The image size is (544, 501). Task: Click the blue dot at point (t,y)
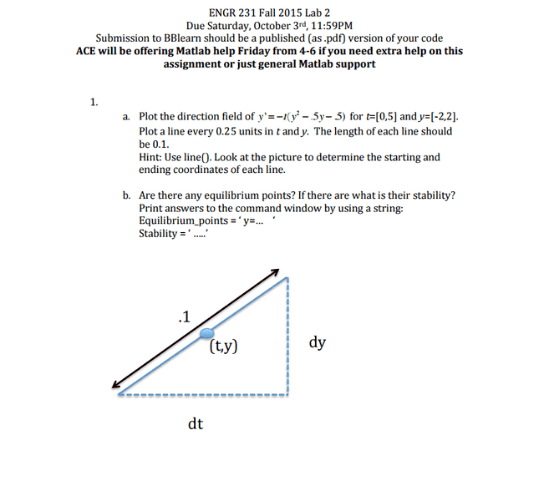coord(207,333)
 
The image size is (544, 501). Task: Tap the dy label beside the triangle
coord(318,342)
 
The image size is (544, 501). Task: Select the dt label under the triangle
coord(196,424)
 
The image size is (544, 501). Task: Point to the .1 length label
coord(184,316)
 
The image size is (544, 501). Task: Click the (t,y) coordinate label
coord(225,345)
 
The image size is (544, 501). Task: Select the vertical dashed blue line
coord(288,334)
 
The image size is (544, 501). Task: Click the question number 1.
coord(94,102)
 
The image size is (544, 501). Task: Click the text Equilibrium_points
coord(175,220)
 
